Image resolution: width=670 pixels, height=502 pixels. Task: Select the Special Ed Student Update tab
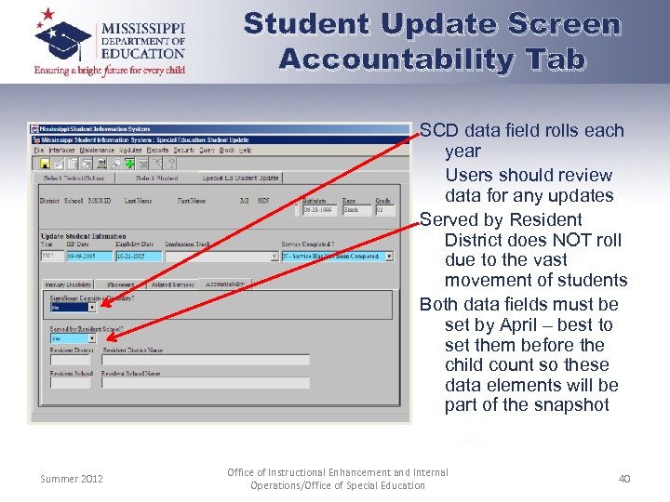pyautogui.click(x=240, y=178)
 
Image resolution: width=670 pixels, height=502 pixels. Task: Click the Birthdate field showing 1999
pyautogui.click(x=319, y=209)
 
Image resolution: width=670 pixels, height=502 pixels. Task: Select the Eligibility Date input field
pyautogui.click(x=137, y=256)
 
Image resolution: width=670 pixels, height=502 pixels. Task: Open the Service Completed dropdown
pyautogui.click(x=389, y=256)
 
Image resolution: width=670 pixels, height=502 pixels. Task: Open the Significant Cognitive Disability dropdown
pyautogui.click(x=92, y=307)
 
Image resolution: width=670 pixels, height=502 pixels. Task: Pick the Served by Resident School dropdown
pyautogui.click(x=92, y=338)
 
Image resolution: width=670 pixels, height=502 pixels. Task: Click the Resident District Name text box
pyautogui.click(x=205, y=360)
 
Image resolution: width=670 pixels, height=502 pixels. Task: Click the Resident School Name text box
pyautogui.click(x=205, y=382)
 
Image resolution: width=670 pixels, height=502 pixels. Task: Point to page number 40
pyautogui.click(x=623, y=478)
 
